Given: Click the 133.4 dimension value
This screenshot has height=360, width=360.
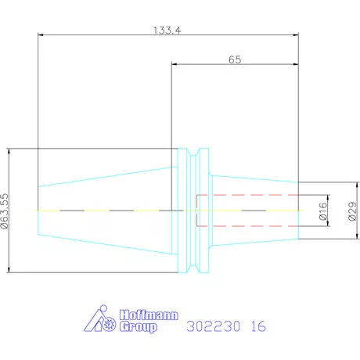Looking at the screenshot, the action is (x=167, y=31).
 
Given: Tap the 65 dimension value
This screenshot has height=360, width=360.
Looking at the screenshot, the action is (x=235, y=59).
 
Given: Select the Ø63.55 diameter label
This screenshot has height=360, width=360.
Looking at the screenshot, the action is (x=5, y=211).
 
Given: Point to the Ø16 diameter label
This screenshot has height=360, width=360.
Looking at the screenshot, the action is (x=323, y=211).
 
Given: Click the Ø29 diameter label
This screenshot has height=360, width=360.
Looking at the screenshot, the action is (x=352, y=211).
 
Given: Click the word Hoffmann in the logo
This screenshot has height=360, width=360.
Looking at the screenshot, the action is (x=149, y=315).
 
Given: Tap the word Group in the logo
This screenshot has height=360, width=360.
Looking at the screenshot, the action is (x=139, y=327).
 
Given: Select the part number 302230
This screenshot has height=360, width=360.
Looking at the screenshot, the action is (x=213, y=326).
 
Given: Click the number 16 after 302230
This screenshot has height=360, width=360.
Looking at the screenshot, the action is (x=258, y=326).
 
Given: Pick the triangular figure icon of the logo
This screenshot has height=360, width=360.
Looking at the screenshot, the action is (x=99, y=319).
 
